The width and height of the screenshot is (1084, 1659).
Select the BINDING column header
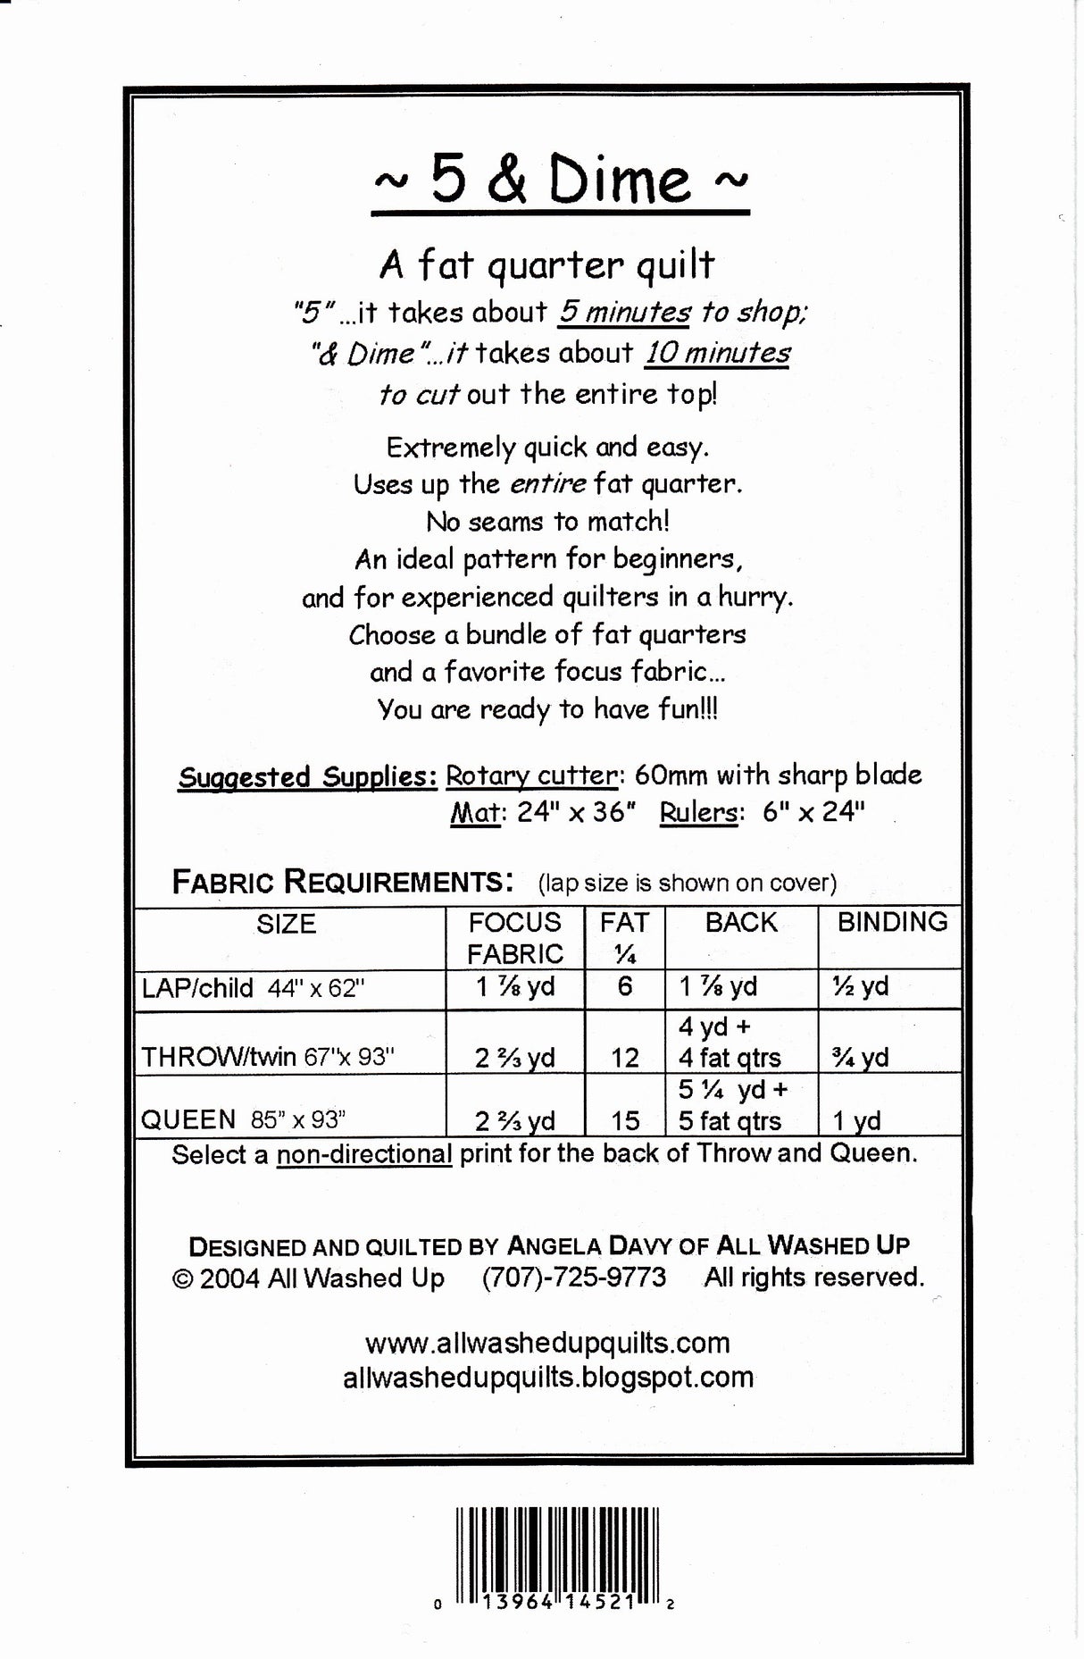[891, 922]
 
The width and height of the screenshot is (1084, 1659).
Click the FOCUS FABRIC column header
[514, 937]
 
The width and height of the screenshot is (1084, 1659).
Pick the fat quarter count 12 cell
[624, 1058]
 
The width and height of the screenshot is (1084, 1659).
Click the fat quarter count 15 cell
[625, 1120]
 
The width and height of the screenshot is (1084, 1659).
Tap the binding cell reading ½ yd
[861, 986]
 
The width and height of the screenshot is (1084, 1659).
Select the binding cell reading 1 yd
[856, 1120]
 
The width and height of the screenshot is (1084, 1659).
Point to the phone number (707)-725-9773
[574, 1278]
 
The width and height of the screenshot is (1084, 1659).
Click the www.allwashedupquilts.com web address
[547, 1343]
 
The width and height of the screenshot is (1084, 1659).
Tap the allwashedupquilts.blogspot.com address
[547, 1377]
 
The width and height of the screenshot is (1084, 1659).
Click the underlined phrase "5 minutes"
[624, 312]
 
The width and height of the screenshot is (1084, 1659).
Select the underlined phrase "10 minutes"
[717, 353]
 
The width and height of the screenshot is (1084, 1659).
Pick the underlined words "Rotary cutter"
[531, 775]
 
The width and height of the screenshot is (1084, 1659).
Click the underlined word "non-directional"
[363, 1153]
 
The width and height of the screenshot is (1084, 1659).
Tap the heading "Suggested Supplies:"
[307, 776]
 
